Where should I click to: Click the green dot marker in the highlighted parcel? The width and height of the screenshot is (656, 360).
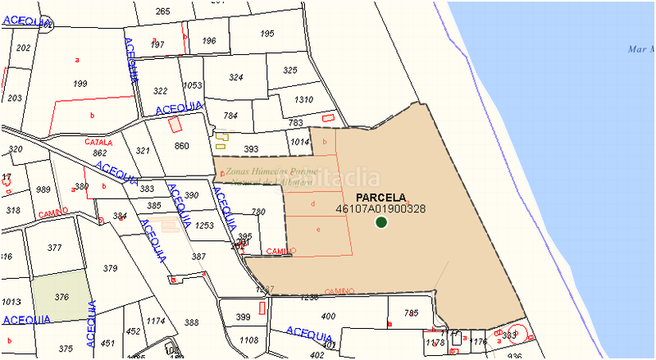[381, 222]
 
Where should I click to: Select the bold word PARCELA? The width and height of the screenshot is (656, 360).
[381, 198]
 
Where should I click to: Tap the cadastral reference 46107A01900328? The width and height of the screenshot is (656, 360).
[381, 209]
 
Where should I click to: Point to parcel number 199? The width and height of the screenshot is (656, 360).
[80, 84]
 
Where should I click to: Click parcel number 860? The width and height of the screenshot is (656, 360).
[182, 146]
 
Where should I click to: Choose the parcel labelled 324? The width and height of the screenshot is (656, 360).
[236, 78]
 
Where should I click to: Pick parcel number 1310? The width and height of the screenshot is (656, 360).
[303, 100]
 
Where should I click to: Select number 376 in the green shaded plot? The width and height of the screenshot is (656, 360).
[61, 296]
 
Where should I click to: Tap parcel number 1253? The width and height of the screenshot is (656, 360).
[204, 226]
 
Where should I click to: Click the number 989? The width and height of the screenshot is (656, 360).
[43, 190]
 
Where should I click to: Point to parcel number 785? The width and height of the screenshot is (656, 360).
[412, 312]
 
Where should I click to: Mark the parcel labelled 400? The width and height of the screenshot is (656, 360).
[328, 317]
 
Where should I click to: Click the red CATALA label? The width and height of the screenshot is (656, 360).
[99, 142]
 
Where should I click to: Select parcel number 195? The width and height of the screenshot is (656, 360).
[267, 34]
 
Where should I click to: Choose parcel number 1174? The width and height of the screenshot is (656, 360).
[156, 321]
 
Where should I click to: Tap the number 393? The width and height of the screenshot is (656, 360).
[252, 149]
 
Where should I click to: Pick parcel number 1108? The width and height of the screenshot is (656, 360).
[248, 339]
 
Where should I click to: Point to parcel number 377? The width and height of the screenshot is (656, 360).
[55, 247]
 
